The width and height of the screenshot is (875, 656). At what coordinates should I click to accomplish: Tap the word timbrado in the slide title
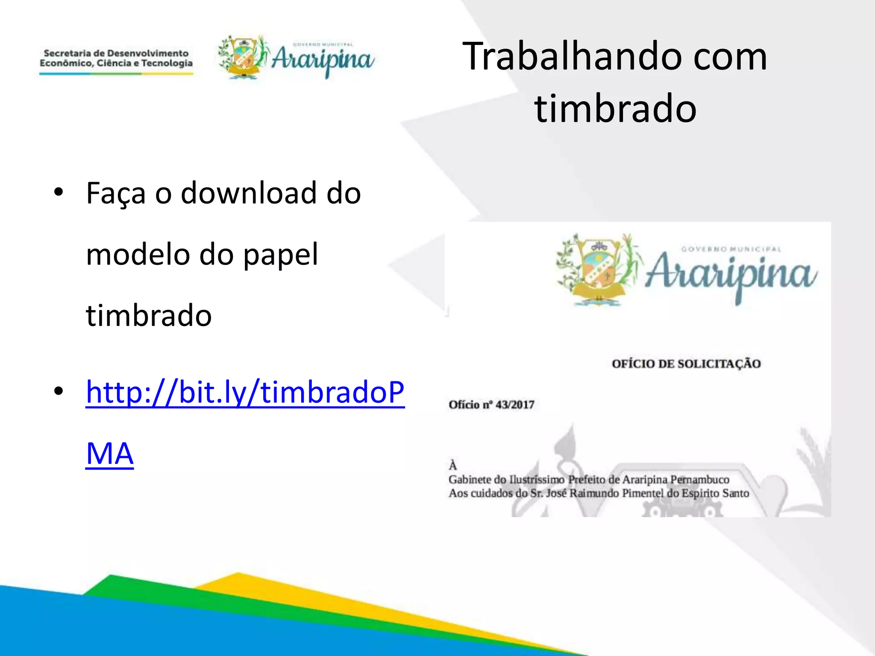(615, 109)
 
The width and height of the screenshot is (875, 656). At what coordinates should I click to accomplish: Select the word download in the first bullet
(249, 193)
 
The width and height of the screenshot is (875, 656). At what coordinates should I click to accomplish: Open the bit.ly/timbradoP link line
(245, 392)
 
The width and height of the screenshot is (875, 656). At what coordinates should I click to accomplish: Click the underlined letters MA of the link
(110, 454)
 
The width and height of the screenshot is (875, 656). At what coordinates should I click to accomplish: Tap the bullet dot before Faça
(59, 192)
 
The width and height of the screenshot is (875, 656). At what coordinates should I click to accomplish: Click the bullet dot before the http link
(59, 391)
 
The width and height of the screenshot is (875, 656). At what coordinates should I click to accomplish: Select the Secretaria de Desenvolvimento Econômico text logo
(116, 59)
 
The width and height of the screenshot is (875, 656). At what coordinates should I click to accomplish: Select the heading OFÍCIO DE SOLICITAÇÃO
(686, 364)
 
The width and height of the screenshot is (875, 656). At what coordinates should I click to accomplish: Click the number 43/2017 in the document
(515, 405)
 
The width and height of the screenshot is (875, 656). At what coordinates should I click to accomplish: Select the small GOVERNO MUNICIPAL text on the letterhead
(731, 249)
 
